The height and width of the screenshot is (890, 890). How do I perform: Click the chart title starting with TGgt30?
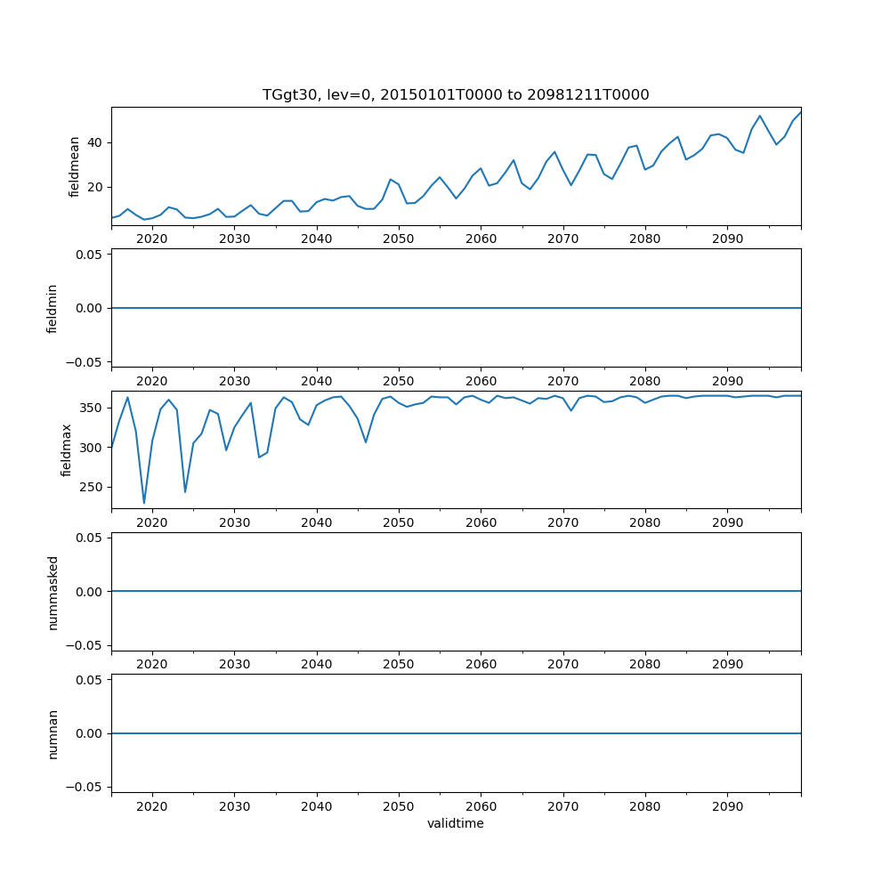tap(456, 94)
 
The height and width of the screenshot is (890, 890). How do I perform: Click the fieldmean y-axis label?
tap(75, 166)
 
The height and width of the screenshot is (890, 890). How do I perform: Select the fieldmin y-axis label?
tap(53, 308)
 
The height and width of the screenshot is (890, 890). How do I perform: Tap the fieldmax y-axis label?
tap(67, 449)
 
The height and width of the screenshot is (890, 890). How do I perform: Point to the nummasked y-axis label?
tap(53, 592)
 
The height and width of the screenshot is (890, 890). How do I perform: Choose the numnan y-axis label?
tap(53, 733)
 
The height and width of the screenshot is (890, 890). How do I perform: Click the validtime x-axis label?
tap(456, 823)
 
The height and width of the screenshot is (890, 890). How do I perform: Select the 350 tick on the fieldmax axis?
tap(92, 408)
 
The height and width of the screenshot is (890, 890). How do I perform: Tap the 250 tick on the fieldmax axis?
tap(92, 487)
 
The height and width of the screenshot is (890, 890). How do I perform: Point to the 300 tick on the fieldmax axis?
tap(92, 448)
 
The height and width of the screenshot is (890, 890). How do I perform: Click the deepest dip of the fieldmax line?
tap(144, 503)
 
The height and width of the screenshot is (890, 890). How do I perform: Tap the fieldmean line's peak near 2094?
tap(760, 116)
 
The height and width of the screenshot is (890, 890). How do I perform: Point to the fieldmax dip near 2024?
tap(185, 491)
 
